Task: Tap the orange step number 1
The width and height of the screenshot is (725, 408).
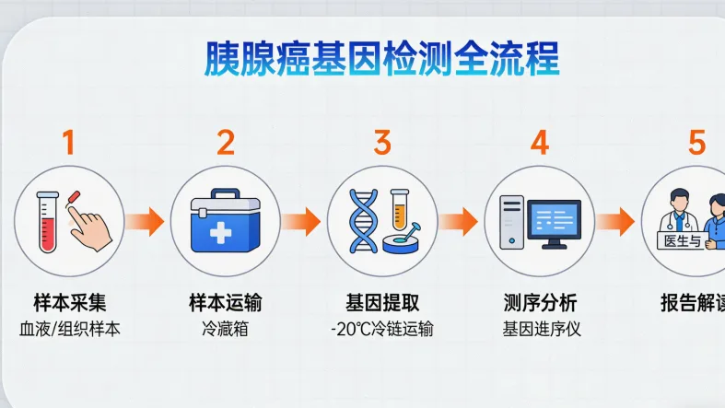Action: (x=69, y=143)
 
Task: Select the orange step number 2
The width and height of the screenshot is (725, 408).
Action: (x=226, y=143)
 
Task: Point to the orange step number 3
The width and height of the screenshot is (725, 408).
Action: (x=382, y=143)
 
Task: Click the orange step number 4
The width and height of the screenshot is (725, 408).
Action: (x=540, y=143)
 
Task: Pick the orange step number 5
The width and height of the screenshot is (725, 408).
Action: (x=696, y=143)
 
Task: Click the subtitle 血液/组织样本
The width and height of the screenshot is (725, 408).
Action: (x=69, y=329)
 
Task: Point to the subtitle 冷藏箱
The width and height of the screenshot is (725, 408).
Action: (x=226, y=329)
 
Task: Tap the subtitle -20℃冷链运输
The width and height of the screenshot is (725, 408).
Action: (x=382, y=329)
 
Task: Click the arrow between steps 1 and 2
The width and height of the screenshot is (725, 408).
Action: (x=146, y=221)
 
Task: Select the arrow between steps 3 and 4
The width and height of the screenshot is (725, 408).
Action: (x=460, y=221)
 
